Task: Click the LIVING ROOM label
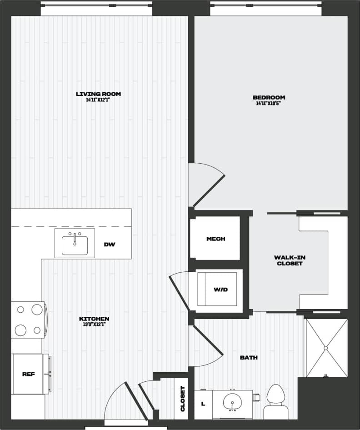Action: coord(98,94)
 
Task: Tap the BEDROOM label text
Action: coord(269,97)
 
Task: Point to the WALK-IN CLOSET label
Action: coord(289,260)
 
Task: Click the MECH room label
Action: coord(215,239)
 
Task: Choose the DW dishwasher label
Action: coord(109,244)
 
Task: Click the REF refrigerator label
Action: coord(29,374)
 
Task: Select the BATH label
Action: coord(249,357)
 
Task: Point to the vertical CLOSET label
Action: coord(183,399)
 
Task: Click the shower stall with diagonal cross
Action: coord(326,348)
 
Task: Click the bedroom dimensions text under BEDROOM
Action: coord(269,103)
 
